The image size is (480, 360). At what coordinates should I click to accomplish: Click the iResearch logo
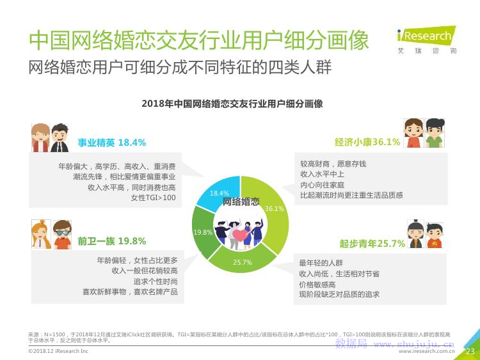(427, 40)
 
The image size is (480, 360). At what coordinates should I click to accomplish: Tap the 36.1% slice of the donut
(273, 211)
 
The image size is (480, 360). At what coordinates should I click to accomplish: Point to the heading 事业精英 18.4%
(112, 143)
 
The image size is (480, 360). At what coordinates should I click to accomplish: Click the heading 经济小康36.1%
(367, 142)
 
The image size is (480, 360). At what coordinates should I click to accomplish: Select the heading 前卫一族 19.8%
(112, 241)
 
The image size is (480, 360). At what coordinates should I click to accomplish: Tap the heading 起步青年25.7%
(372, 244)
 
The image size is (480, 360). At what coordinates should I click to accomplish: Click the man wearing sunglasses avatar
(62, 234)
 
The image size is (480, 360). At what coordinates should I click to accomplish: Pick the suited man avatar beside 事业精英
(60, 138)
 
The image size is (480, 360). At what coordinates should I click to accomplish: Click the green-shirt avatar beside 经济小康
(435, 133)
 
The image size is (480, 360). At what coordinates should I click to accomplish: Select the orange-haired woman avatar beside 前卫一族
(41, 234)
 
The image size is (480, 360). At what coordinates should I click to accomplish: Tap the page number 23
(470, 351)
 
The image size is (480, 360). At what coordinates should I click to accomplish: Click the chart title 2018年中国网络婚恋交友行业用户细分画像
(232, 104)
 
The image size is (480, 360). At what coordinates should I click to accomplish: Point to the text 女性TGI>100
(154, 198)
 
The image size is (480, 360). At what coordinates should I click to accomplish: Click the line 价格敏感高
(317, 285)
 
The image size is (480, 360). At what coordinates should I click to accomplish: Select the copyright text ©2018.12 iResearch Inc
(58, 351)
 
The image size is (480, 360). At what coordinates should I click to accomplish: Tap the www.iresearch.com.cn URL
(426, 352)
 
